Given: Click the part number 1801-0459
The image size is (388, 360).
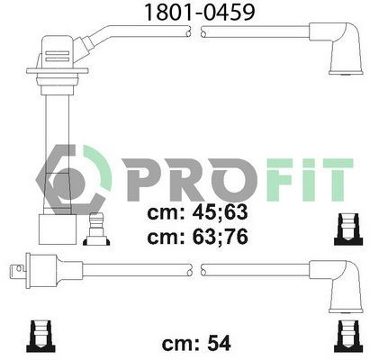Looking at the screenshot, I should coord(194,12).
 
